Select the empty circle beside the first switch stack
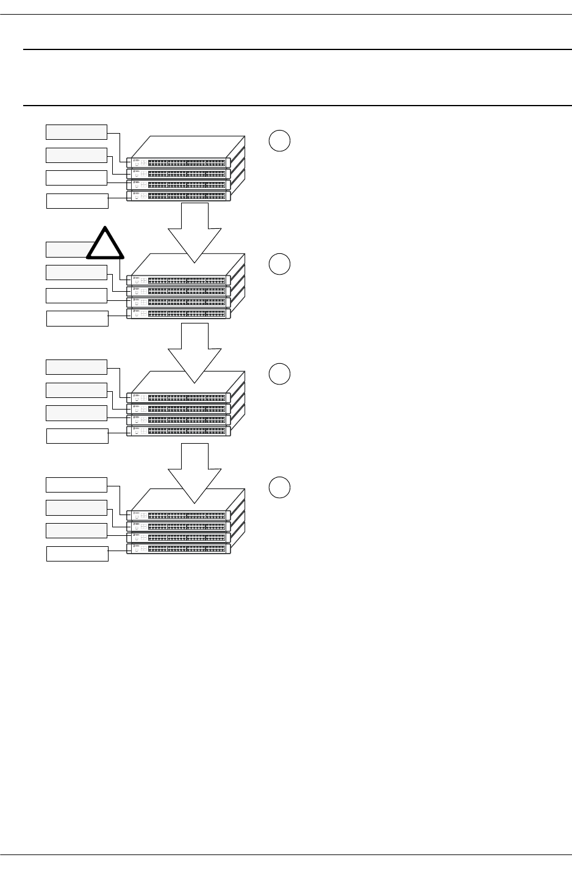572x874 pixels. click(279, 141)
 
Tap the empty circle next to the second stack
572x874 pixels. click(279, 264)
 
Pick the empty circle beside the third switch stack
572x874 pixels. click(279, 374)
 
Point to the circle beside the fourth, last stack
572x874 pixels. click(279, 487)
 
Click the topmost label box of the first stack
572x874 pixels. click(77, 132)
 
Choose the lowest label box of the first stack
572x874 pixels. click(77, 201)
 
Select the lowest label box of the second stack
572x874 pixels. click(77, 319)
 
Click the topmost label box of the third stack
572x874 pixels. click(77, 367)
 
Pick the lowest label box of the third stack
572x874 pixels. click(77, 436)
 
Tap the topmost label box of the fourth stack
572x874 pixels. click(77, 485)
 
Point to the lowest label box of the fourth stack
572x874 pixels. click(77, 554)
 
